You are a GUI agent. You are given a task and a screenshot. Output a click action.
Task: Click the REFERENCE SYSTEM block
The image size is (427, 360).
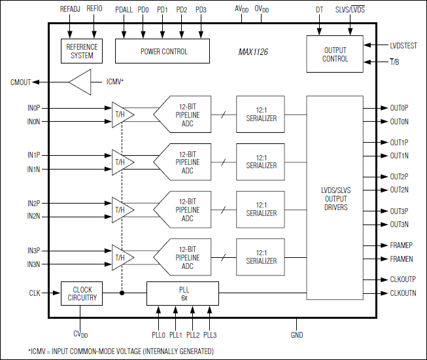coord(82,51)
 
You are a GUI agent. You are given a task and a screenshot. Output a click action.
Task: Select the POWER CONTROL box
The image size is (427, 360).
coord(163,51)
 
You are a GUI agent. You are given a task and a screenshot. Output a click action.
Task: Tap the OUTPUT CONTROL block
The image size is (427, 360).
coord(335,54)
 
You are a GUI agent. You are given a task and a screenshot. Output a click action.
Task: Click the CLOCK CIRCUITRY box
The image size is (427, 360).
coord(82,293)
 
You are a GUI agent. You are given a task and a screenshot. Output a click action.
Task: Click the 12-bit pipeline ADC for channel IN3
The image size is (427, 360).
coord(184,258)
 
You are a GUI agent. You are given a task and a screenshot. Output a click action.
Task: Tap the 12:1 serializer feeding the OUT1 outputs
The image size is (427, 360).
coord(261,162)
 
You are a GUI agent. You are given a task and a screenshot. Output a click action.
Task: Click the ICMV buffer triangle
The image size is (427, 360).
coord(80,82)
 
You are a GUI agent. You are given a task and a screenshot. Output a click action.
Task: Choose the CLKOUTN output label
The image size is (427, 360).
coord(403,293)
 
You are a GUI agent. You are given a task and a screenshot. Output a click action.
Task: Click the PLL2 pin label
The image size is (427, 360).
coord(192,335)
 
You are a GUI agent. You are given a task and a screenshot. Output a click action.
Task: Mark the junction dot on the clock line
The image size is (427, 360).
coord(122,293)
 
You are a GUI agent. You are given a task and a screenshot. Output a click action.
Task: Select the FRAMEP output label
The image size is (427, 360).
coord(401,245)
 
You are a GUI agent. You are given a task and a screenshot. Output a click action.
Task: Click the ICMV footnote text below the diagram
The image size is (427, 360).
coord(120,351)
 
